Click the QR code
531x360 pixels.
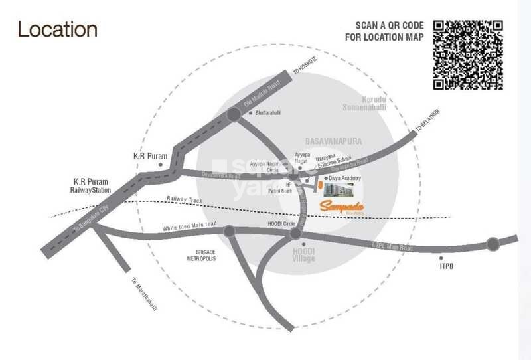tap(467, 55)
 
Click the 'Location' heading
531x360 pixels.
tap(58, 30)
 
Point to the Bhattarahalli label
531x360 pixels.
tap(267, 113)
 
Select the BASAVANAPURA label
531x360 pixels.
tap(329, 142)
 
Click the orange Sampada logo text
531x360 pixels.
tap(343, 206)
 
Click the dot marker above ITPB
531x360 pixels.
tap(441, 257)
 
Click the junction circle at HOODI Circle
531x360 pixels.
tap(296, 234)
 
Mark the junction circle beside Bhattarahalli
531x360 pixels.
tap(234, 115)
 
